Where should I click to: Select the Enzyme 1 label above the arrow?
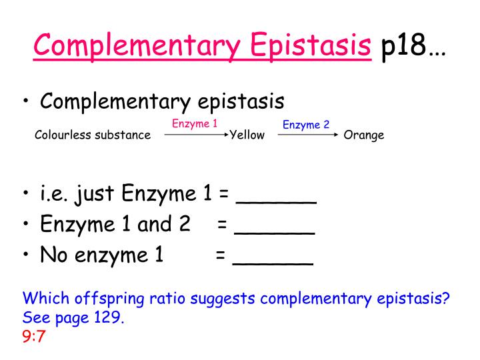(195, 123)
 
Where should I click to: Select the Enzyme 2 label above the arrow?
(306, 125)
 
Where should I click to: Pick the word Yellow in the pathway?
(247, 135)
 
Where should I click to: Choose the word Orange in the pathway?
(364, 135)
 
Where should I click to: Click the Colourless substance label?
(93, 135)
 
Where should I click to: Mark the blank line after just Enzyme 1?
(276, 200)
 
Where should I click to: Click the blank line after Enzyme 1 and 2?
(275, 231)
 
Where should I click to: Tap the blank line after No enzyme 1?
(273, 261)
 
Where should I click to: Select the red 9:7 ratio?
(33, 337)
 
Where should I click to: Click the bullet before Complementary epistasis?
(26, 102)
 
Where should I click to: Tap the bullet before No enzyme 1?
(26, 255)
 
